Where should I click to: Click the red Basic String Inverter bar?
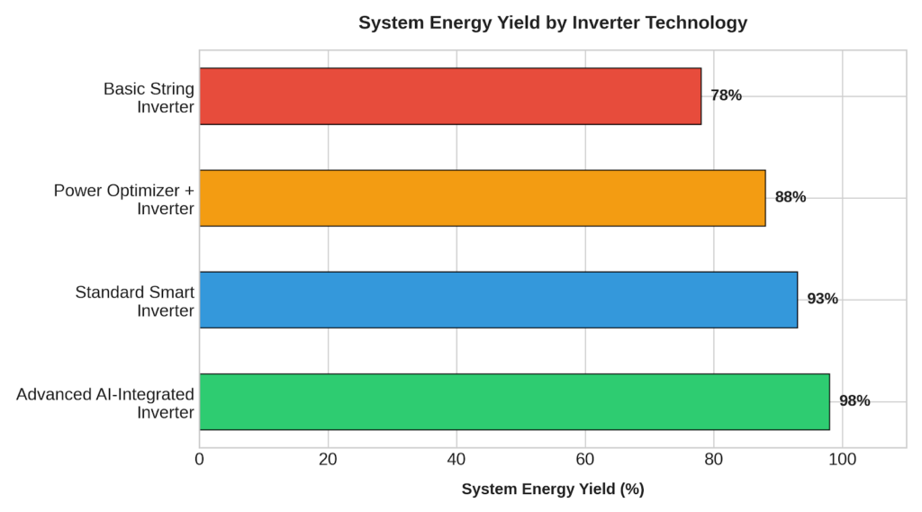tap(450, 96)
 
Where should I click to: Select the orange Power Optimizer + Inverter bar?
tap(483, 198)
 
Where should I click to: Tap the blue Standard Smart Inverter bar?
tap(499, 300)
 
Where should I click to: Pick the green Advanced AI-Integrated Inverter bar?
tap(514, 402)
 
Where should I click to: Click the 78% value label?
tap(727, 95)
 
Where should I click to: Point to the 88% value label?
tap(791, 197)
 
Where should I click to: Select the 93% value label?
tap(823, 299)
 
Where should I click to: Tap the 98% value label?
tap(854, 401)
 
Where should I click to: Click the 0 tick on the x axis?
tap(199, 460)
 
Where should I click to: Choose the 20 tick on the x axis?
tap(328, 460)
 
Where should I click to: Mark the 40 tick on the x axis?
tap(456, 460)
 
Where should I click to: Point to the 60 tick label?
tap(585, 460)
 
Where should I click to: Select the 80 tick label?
tap(714, 460)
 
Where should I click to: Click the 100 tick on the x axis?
tap(843, 460)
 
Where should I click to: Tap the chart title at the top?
tap(553, 22)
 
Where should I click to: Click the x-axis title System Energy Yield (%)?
tap(553, 490)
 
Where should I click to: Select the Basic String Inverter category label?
tap(149, 97)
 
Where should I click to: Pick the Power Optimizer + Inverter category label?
tap(124, 199)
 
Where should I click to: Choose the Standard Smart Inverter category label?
tap(135, 301)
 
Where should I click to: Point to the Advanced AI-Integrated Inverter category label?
tap(105, 403)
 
